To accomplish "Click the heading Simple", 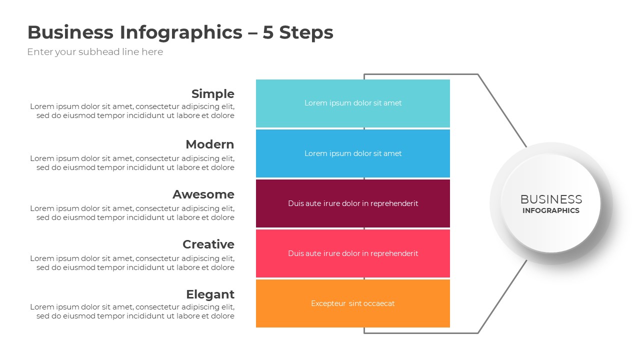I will (x=212, y=94).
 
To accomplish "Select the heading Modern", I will (x=209, y=144).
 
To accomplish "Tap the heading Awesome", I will (x=203, y=194).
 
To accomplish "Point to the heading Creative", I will (x=208, y=244).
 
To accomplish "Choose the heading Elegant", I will (x=210, y=294).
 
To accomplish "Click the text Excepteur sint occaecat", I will (x=352, y=303).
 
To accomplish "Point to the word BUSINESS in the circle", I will (x=551, y=199).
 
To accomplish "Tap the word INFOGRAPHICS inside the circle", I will (x=551, y=210).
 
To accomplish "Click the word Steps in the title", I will (x=306, y=32).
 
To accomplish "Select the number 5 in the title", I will (x=269, y=32).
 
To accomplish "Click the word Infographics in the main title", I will (x=180, y=32).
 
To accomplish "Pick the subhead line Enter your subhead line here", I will (x=95, y=52).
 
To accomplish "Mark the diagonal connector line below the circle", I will (x=502, y=296).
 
